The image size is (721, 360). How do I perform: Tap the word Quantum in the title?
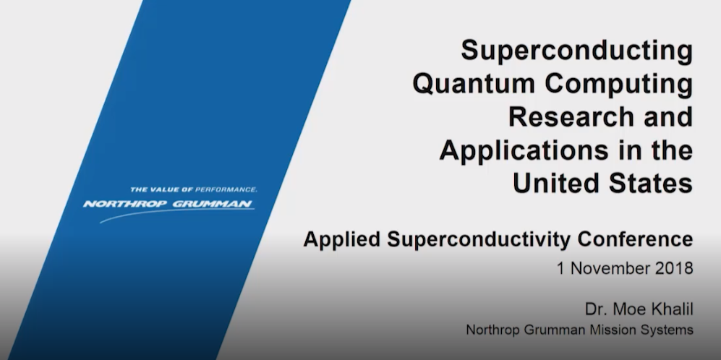(474, 85)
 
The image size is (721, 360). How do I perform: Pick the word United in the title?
(556, 182)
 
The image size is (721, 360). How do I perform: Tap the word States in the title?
(651, 182)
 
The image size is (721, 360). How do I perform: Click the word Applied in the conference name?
(341, 240)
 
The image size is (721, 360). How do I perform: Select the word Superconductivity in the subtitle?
(479, 240)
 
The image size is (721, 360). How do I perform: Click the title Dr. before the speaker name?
(596, 309)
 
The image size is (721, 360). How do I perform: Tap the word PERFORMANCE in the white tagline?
(226, 189)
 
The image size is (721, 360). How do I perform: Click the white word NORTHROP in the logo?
(125, 204)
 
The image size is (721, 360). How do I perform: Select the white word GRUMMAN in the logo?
(213, 204)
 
